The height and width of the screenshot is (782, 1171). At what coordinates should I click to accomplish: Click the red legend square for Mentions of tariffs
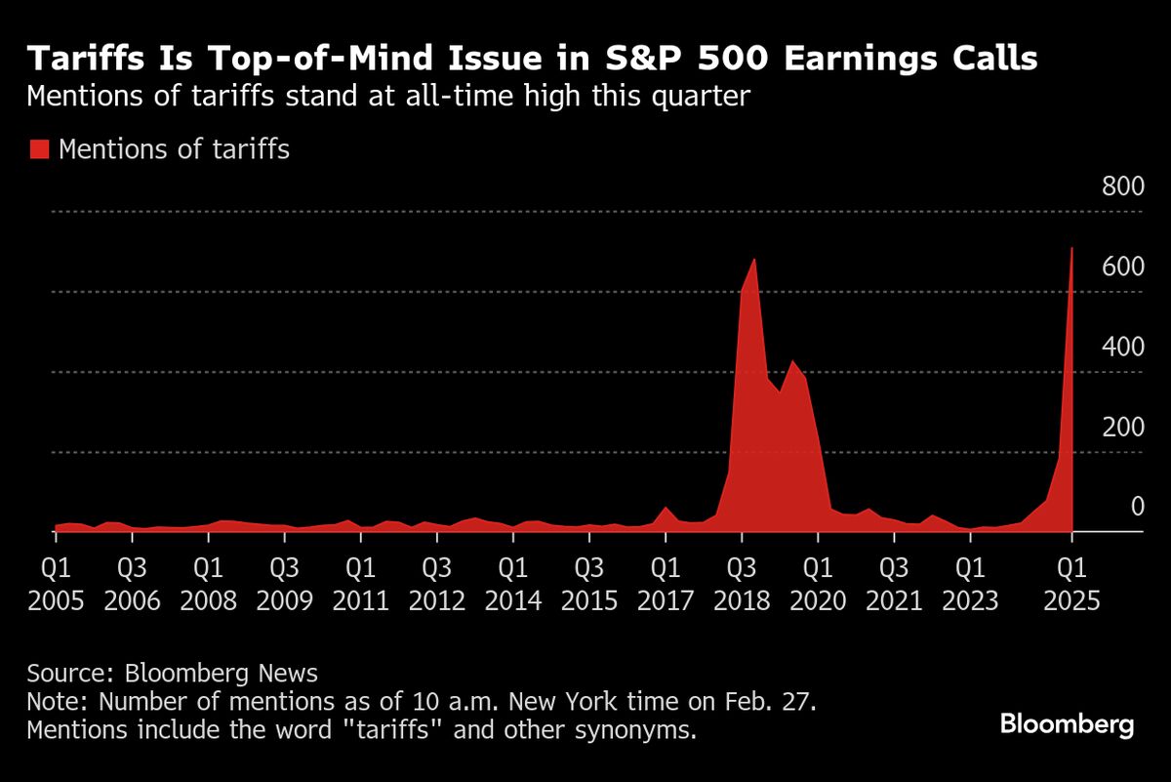click(x=38, y=149)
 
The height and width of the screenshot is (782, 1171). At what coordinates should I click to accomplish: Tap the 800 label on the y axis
click(x=1122, y=188)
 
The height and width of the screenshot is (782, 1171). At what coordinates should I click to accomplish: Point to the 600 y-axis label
click(x=1122, y=268)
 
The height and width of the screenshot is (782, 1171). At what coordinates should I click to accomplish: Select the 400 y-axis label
click(x=1122, y=349)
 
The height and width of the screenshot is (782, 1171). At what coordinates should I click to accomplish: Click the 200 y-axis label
click(x=1122, y=429)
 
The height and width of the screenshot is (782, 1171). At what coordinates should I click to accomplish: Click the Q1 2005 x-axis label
click(x=55, y=582)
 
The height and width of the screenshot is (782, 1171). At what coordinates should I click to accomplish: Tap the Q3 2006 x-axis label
click(x=132, y=582)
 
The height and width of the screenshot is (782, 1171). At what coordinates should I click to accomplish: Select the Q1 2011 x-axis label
click(x=360, y=582)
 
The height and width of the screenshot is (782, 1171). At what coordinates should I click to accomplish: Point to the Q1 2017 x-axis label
click(x=666, y=582)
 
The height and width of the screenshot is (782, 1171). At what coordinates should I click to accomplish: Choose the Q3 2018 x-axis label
click(x=742, y=582)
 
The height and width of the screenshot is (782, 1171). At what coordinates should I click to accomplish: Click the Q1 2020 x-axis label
click(x=818, y=582)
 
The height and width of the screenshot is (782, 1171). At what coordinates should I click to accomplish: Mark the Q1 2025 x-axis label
click(x=1071, y=582)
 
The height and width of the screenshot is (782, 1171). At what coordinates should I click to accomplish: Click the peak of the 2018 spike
click(x=754, y=260)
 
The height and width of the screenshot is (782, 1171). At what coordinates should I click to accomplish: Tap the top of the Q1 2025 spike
click(x=1071, y=248)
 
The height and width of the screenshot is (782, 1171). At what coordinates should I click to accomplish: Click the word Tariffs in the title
click(x=84, y=61)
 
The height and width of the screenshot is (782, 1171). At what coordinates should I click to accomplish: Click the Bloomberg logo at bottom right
click(x=1067, y=724)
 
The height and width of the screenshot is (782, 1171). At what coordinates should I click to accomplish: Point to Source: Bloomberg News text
click(x=172, y=673)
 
